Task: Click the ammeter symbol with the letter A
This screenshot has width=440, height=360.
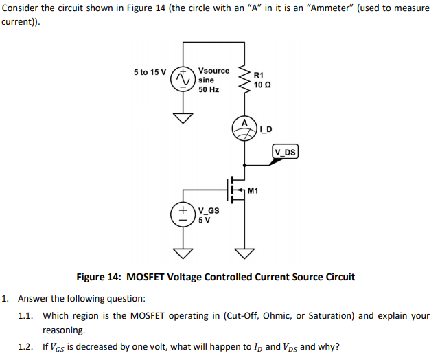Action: tap(244, 129)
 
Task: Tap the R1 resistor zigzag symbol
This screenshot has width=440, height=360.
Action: tap(244, 81)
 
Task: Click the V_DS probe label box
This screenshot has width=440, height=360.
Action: tap(285, 152)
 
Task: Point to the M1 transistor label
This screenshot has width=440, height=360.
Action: tap(253, 190)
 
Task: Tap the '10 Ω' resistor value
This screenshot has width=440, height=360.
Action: tap(262, 84)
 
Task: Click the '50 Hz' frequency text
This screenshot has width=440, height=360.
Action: tap(209, 89)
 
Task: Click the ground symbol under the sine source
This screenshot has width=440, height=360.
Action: tap(183, 117)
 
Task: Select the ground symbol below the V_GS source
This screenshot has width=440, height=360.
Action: tap(183, 253)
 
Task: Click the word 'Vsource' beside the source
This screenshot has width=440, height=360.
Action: tap(213, 71)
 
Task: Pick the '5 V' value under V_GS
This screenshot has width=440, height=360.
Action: tap(204, 221)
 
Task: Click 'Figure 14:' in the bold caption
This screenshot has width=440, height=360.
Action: tap(98, 277)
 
